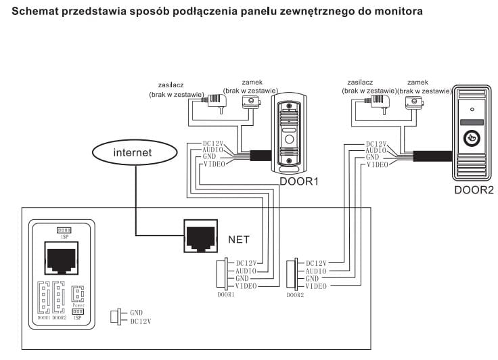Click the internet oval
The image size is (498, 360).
click(133, 153)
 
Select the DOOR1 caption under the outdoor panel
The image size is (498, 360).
click(298, 181)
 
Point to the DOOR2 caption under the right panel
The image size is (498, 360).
click(474, 190)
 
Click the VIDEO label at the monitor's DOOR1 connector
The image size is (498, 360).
click(246, 287)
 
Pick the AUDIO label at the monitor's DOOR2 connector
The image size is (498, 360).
click(317, 271)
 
